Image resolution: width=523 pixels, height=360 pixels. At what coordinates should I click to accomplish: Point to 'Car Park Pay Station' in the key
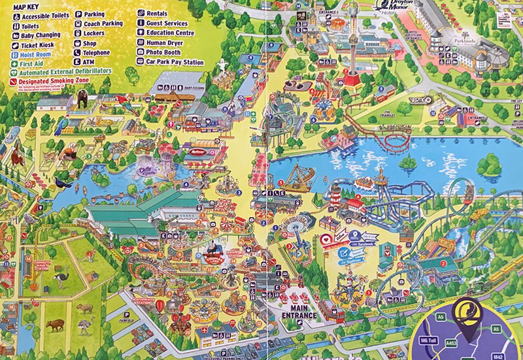coord(169,61)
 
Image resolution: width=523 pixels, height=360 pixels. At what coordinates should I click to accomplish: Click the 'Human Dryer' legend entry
coord(160,42)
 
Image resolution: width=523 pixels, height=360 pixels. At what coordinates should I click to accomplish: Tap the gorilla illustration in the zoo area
coord(83,99)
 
